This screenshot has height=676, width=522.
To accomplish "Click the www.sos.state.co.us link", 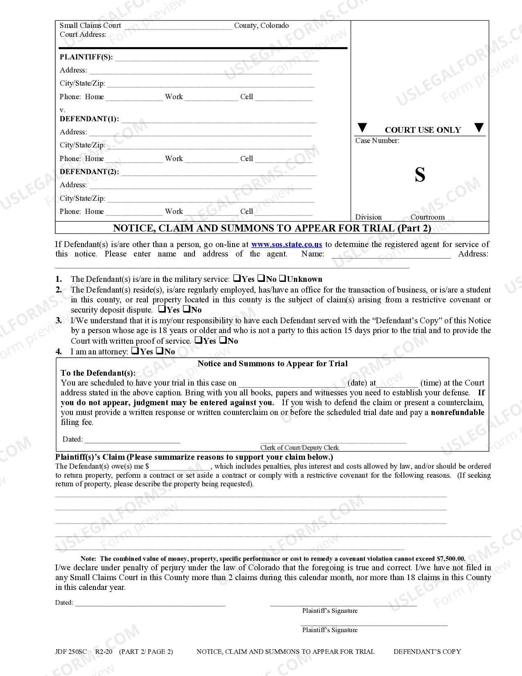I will pos(286,244).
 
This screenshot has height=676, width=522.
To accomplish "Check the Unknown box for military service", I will pos(282,279).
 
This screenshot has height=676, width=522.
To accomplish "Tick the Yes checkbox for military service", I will pos(237,279).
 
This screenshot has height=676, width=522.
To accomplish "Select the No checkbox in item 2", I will pos(186,309).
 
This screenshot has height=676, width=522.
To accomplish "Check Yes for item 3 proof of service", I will pos(198,340).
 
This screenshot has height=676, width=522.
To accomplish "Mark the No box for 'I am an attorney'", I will pos(160,351).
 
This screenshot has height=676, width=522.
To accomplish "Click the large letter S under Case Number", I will pos(420,175).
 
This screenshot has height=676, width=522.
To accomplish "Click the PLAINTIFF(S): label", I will pos(86,57).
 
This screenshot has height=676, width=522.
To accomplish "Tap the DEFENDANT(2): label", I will pos(89,172).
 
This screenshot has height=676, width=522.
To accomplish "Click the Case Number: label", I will pos(377,141).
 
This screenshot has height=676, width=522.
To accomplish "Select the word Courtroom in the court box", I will pos(427,217).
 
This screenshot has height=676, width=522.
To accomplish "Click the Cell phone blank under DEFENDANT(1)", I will pos(283,159).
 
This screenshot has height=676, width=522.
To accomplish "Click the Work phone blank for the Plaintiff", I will pos(211,98).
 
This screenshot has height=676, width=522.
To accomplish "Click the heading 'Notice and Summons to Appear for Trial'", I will pos(272,363).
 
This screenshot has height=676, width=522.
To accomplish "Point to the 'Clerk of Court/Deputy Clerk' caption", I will pos(299,447).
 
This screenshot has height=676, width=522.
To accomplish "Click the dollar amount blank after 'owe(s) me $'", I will pos(180,467).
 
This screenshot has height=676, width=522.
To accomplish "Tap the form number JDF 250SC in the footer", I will pos(71,651).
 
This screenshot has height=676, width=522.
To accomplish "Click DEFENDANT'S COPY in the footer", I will pos(427,651).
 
